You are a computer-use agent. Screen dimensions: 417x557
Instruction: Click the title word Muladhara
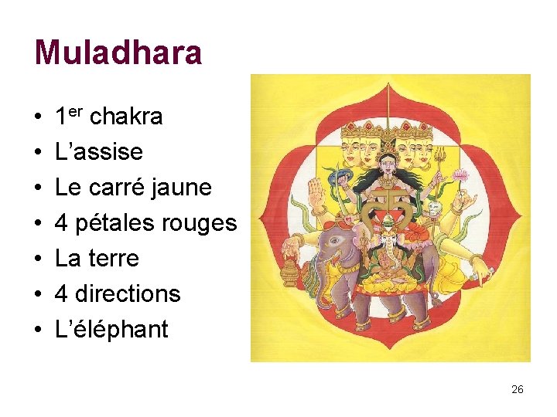pos(118,53)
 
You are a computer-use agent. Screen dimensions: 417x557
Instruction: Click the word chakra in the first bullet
pos(126,117)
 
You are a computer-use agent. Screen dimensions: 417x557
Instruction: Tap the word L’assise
pos(99,151)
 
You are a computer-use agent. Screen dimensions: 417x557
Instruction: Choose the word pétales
pos(114,223)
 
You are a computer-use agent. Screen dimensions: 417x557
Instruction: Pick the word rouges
pos(200,223)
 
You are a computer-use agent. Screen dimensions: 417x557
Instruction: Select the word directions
pos(129,293)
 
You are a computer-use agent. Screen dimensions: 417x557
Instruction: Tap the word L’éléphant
pos(111,329)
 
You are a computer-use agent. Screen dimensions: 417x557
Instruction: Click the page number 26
pos(518,389)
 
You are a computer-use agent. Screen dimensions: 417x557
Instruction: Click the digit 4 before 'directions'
pos(62,293)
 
